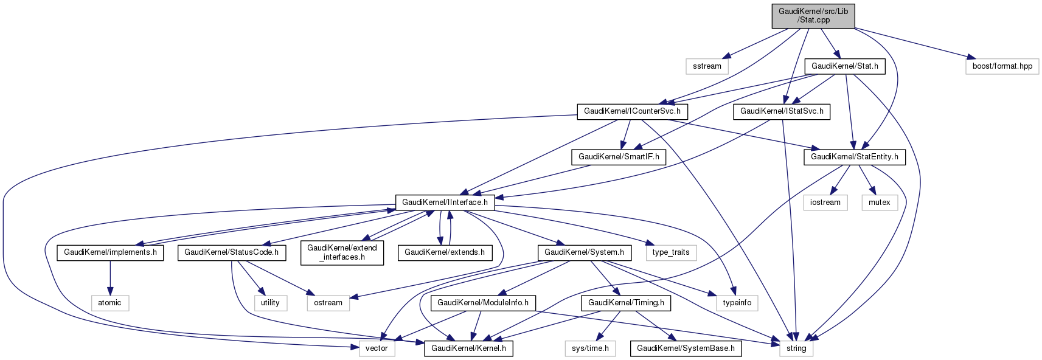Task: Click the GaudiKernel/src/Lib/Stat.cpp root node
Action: click(813, 15)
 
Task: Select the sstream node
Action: click(707, 66)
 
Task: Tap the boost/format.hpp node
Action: click(1002, 66)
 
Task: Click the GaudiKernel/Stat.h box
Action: click(844, 66)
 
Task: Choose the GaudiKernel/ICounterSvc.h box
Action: click(632, 111)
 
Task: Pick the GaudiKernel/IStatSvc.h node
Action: click(782, 111)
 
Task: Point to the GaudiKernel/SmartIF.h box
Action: click(619, 157)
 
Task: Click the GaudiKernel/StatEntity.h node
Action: click(854, 157)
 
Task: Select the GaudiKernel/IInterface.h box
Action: click(445, 202)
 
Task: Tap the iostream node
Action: click(825, 202)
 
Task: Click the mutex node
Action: click(879, 202)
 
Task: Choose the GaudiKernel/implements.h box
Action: click(110, 252)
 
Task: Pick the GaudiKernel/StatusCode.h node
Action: click(231, 252)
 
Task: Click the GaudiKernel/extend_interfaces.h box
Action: click(342, 252)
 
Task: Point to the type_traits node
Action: click(670, 252)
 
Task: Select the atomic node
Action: click(109, 303)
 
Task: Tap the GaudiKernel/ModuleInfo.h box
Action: click(483, 303)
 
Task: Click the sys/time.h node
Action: click(590, 348)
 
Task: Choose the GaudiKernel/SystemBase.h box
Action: click(686, 348)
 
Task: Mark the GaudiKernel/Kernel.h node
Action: click(468, 348)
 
